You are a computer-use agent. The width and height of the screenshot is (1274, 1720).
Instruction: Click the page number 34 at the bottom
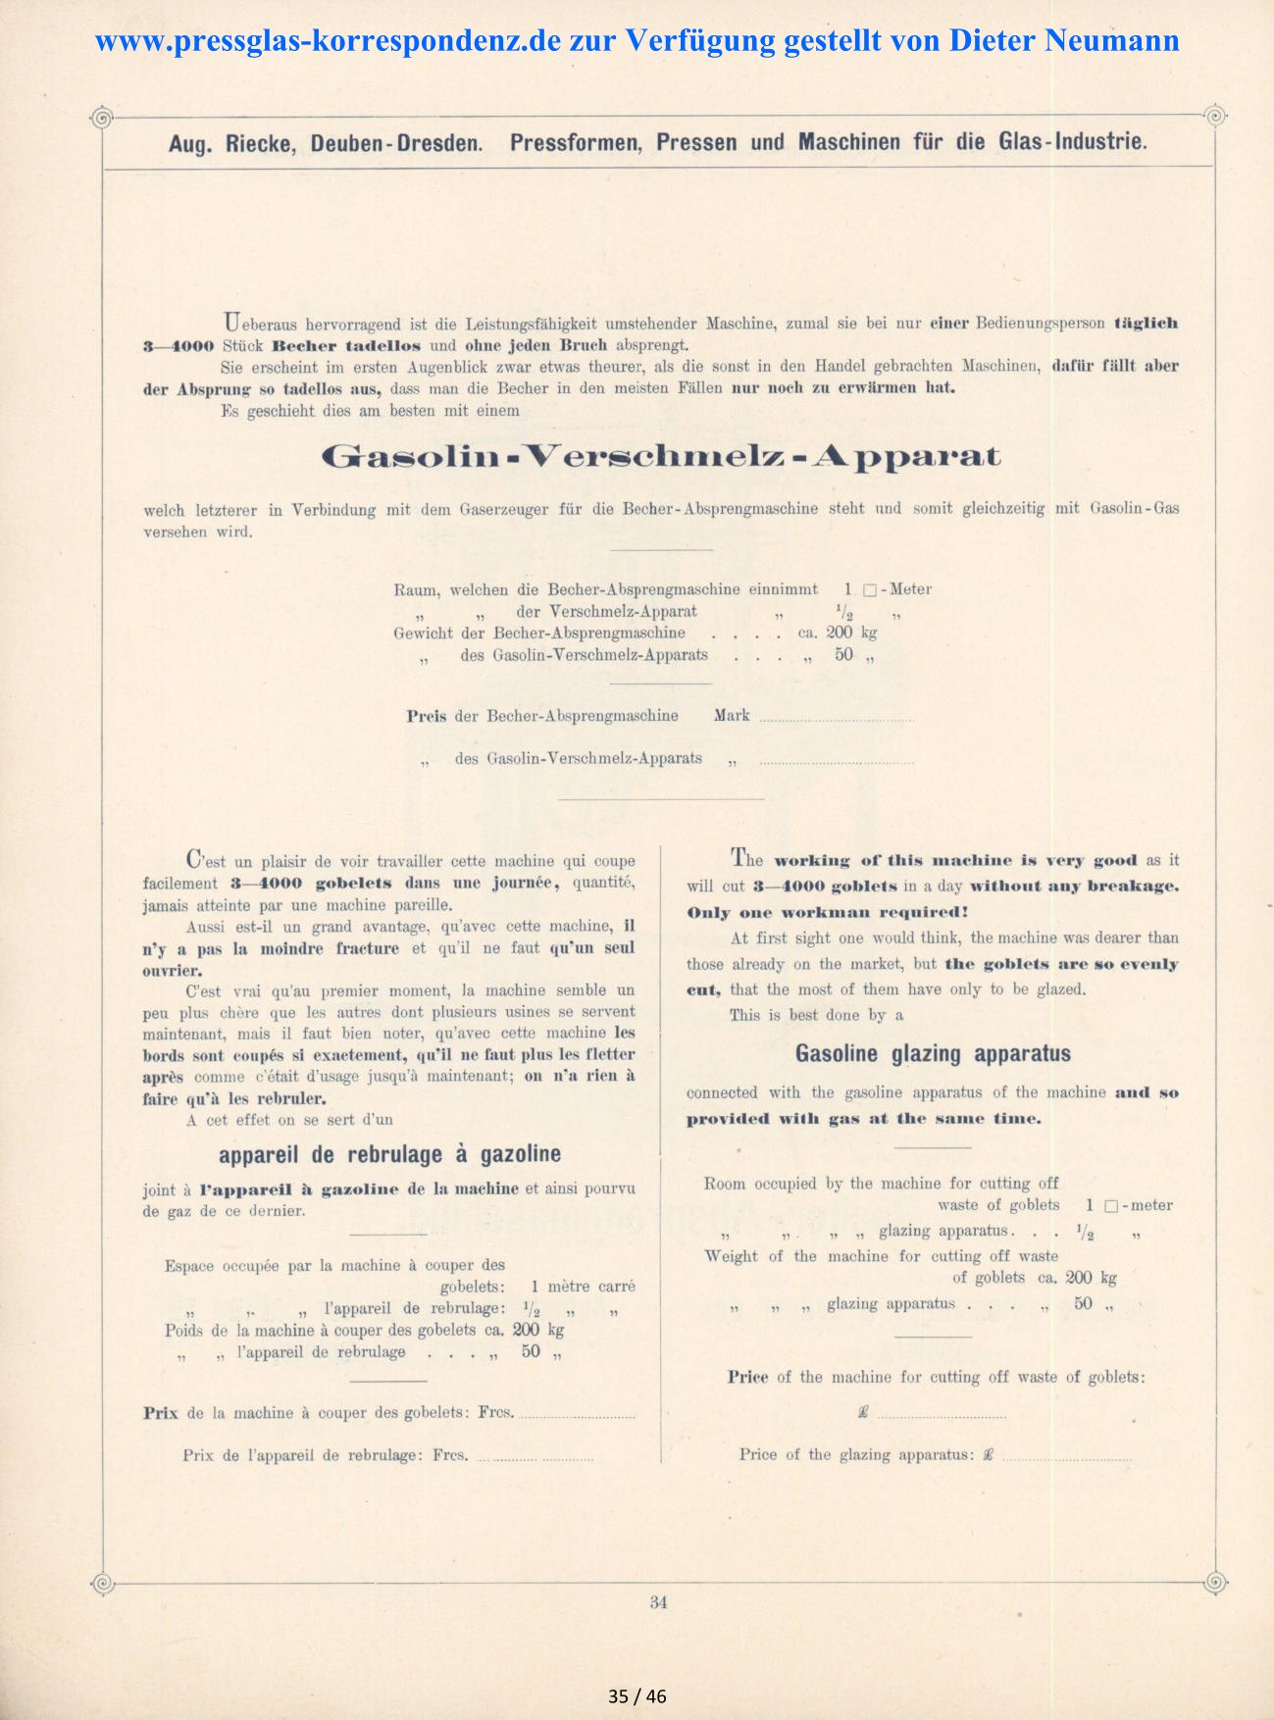click(658, 1602)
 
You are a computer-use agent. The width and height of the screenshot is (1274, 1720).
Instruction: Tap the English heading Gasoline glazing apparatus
click(933, 1054)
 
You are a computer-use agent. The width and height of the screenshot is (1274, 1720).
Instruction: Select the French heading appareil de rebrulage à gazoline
click(389, 1154)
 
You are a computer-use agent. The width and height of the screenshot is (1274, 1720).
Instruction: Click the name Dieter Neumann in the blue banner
click(1063, 40)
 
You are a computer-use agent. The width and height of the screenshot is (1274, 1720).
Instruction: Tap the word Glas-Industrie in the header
click(1072, 141)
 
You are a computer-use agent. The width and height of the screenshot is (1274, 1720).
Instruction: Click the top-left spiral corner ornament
click(101, 118)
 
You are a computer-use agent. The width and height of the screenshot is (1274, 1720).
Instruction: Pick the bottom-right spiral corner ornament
click(1214, 1582)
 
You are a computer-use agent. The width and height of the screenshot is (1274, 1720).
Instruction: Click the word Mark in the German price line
click(732, 716)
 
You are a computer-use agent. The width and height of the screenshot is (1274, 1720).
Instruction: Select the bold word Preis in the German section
click(427, 716)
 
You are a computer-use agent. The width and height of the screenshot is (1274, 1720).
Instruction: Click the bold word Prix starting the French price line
click(161, 1413)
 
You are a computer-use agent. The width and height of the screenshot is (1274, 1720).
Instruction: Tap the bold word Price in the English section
click(747, 1377)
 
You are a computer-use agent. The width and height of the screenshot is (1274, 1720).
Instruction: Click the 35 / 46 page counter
click(637, 1696)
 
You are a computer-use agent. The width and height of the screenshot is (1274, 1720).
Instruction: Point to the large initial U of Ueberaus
click(231, 321)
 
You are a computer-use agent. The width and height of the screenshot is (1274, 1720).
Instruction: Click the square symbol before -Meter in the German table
click(869, 590)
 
